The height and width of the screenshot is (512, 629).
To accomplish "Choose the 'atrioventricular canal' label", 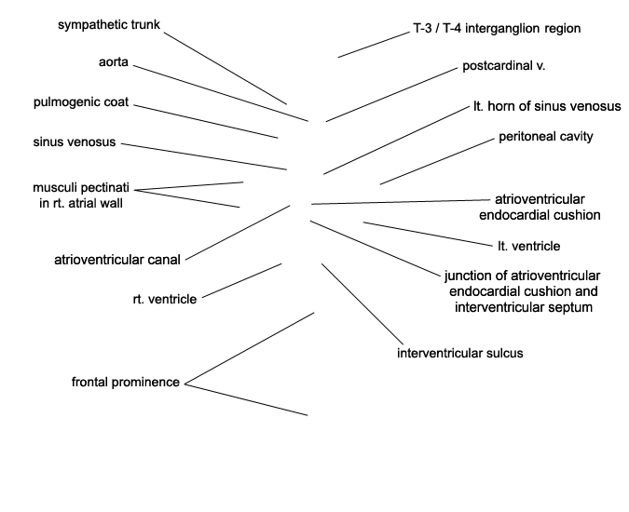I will [117, 259].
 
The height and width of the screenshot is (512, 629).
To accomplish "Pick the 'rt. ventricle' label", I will [165, 299].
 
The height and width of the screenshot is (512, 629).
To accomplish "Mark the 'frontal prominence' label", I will [126, 382].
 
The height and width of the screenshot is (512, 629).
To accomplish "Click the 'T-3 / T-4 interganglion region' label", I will [497, 29].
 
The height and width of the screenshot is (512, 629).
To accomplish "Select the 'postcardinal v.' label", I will [503, 67].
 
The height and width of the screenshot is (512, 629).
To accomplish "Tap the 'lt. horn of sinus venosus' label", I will [546, 106].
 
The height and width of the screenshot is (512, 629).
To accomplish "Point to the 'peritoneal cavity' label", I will [546, 137].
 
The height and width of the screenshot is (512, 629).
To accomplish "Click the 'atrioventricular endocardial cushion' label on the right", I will [546, 207].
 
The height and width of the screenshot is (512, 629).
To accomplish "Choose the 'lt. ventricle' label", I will [529, 247].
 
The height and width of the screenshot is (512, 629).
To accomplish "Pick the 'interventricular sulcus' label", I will [460, 353].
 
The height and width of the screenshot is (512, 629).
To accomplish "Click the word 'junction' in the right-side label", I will [471, 276].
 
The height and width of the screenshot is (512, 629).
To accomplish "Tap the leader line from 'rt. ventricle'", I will [240, 281].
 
